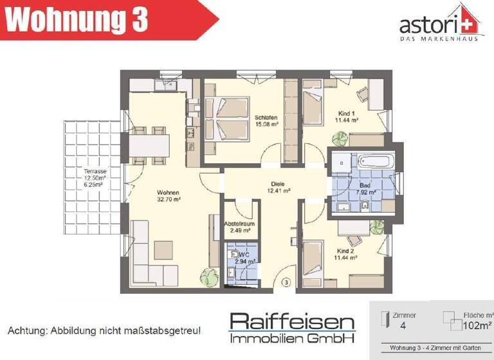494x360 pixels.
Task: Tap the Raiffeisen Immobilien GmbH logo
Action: click(292, 328)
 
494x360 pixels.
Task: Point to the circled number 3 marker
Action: click(286, 282)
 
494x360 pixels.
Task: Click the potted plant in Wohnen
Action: click(207, 277)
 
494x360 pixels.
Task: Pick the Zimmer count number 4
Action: click(403, 326)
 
